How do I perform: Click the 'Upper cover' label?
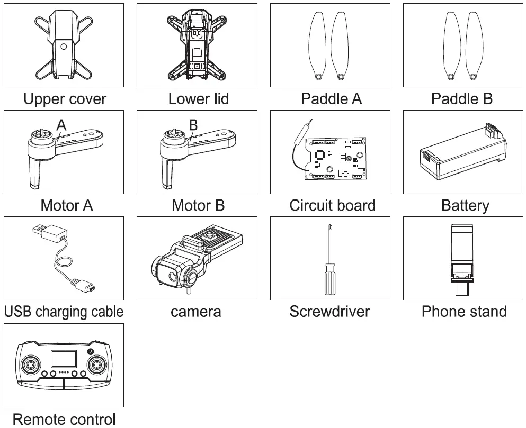(x=65, y=99)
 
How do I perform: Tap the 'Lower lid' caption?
(x=198, y=99)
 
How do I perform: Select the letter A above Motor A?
(x=61, y=125)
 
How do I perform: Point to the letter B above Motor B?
(x=193, y=125)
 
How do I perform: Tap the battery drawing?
(x=462, y=153)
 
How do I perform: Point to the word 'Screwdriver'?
(x=330, y=312)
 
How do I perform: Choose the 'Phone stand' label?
(x=464, y=312)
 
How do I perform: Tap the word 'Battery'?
(x=465, y=205)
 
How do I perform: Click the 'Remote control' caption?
(x=64, y=420)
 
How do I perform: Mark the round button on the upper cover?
(x=64, y=46)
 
